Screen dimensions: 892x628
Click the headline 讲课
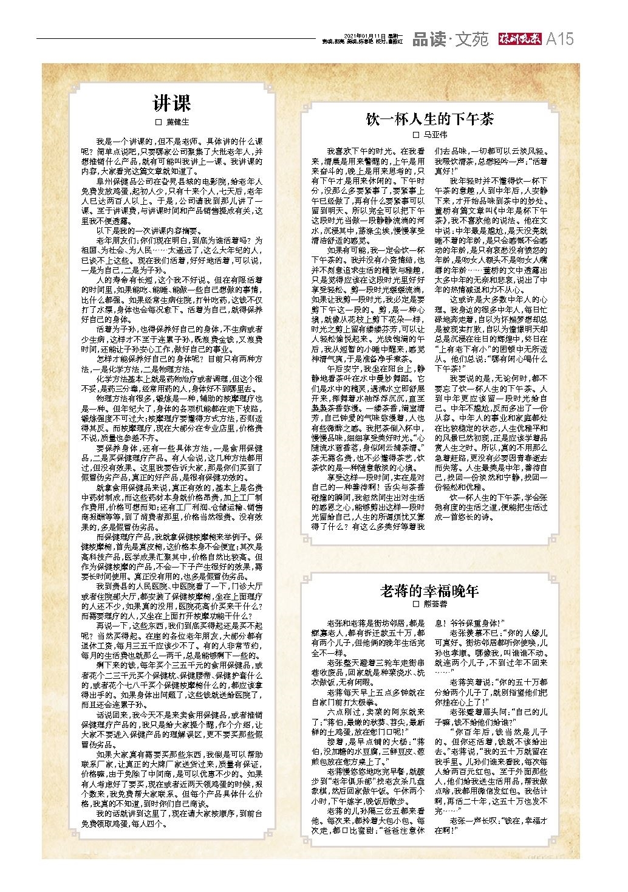point(171,103)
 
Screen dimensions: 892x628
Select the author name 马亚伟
point(435,134)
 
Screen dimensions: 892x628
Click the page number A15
point(559,39)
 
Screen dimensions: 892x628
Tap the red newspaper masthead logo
point(519,39)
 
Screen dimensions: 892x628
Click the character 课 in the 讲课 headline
point(182,103)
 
